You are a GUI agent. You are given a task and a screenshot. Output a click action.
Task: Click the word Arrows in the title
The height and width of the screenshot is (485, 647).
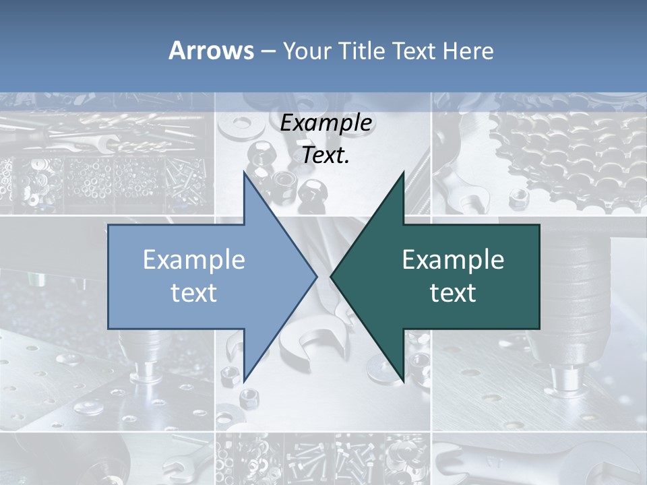tap(212, 51)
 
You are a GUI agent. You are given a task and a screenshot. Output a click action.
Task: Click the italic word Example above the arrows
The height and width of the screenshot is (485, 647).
tap(326, 123)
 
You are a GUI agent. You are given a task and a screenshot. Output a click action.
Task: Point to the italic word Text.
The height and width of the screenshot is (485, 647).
tap(326, 156)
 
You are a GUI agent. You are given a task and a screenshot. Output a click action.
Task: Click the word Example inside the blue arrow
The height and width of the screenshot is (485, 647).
tap(194, 260)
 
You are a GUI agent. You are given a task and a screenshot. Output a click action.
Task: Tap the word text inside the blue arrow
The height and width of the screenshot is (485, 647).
tap(194, 293)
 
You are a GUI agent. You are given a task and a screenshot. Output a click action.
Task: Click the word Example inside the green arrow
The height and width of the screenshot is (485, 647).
tap(453, 260)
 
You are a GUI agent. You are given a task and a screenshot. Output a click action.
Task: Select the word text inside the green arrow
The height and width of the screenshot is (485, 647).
tap(453, 293)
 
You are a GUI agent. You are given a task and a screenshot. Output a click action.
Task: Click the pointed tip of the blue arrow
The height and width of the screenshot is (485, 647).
tap(317, 276)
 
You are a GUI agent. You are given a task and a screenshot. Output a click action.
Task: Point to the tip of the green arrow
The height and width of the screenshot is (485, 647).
tap(331, 276)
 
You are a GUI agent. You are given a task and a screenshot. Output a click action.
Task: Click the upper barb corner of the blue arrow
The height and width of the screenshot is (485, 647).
tap(244, 172)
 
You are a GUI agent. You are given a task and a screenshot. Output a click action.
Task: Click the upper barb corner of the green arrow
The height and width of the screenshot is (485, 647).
tap(403, 172)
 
